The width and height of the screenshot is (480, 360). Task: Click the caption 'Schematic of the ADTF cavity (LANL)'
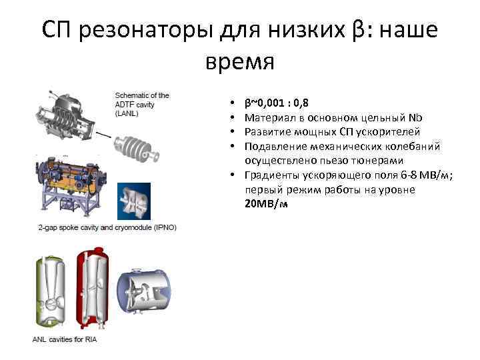pyautogui.click(x=142, y=104)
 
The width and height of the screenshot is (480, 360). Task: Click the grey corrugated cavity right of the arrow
pyautogui.click(x=137, y=147)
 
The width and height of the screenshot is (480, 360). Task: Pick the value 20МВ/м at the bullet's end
pyautogui.click(x=266, y=203)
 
